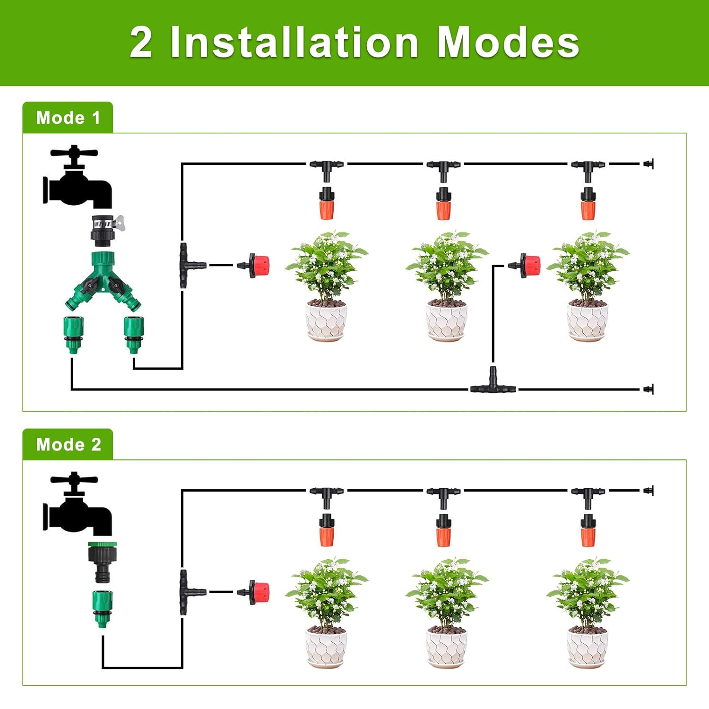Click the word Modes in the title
tap(508, 42)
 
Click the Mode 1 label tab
tap(68, 118)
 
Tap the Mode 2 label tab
tap(68, 444)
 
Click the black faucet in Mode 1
tap(77, 177)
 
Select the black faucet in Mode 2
tap(77, 503)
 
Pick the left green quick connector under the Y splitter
tap(73, 335)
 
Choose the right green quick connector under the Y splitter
tap(134, 335)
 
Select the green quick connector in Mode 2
tap(102, 609)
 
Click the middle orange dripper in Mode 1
tap(443, 203)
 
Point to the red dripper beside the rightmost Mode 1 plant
tap(525, 266)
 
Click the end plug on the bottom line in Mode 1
tap(648, 389)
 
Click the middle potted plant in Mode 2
tap(447, 613)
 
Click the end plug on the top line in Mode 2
tap(648, 491)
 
